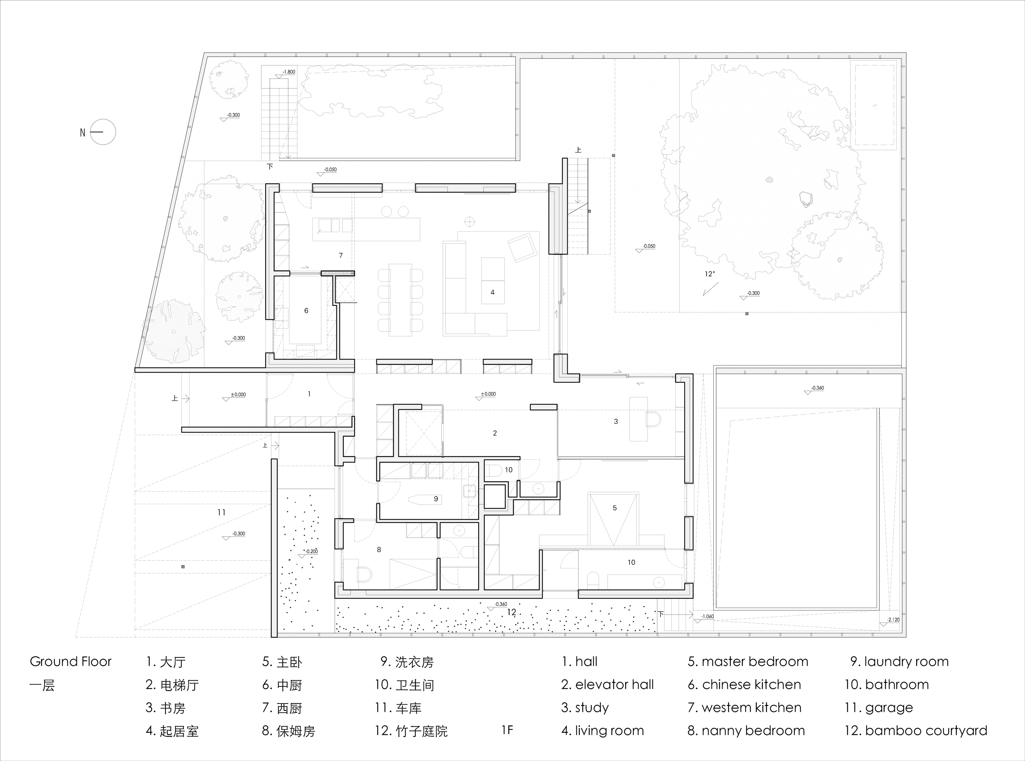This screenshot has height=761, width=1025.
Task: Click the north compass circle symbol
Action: (x=103, y=132)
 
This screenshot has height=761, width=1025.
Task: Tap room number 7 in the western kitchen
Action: (x=341, y=255)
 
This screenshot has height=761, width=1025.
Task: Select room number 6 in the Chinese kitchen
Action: (x=306, y=311)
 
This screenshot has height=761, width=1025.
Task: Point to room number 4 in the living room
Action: (x=492, y=292)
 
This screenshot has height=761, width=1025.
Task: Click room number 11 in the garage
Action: (x=221, y=512)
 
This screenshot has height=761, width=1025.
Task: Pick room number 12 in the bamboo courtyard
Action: (x=512, y=612)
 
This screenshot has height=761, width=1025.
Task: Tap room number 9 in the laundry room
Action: (x=436, y=499)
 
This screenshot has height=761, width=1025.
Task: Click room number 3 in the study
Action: (x=616, y=422)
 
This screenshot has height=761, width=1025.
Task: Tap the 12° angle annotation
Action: (x=710, y=274)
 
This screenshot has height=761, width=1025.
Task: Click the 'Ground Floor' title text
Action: (x=70, y=661)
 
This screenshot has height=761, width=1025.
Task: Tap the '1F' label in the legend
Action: (x=507, y=730)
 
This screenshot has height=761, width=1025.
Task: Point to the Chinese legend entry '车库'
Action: (x=409, y=708)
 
